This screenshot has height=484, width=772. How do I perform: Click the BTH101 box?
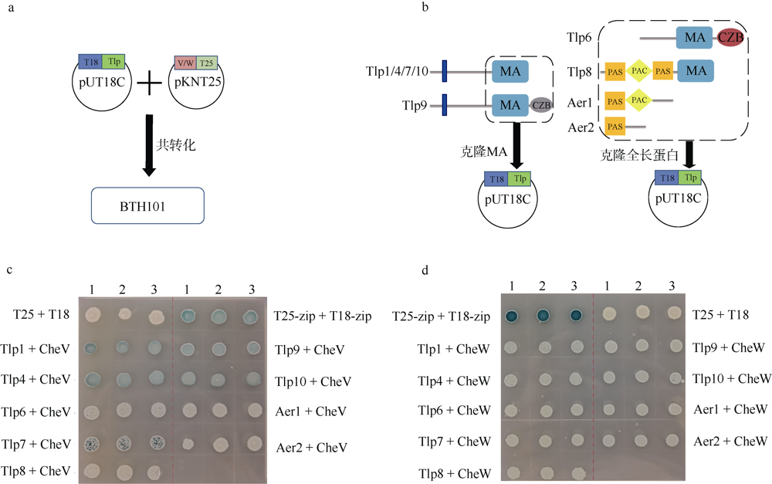pyautogui.click(x=147, y=205)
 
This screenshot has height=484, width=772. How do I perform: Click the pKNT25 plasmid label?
pyautogui.click(x=198, y=82)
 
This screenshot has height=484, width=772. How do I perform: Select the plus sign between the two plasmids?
pyautogui.click(x=149, y=83)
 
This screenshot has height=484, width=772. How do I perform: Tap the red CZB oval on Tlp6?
pyautogui.click(x=730, y=37)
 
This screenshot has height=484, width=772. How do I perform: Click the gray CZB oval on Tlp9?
pyautogui.click(x=541, y=105)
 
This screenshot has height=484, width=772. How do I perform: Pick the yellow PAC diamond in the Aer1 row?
pyautogui.click(x=638, y=100)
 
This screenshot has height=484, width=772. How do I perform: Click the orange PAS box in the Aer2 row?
pyautogui.click(x=615, y=127)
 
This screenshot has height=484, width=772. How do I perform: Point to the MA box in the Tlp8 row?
pyautogui.click(x=696, y=71)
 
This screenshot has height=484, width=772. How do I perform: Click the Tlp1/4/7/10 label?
pyautogui.click(x=397, y=72)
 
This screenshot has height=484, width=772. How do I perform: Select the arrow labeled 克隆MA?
pyautogui.click(x=516, y=145)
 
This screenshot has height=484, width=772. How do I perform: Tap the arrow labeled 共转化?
pyautogui.click(x=149, y=145)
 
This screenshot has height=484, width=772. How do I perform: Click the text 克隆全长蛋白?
pyautogui.click(x=639, y=155)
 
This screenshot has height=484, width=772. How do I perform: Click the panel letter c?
pyautogui.click(x=10, y=270)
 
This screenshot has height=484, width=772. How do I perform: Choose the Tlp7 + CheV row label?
pyautogui.click(x=36, y=444)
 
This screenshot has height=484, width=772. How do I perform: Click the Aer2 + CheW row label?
pyautogui.click(x=730, y=442)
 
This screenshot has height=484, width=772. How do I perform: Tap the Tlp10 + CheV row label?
pyautogui.click(x=313, y=381)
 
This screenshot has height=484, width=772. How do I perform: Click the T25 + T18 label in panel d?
pyautogui.click(x=720, y=315)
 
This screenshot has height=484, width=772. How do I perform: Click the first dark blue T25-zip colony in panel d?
pyautogui.click(x=512, y=316)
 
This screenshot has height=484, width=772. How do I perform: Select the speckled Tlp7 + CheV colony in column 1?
pyautogui.click(x=92, y=444)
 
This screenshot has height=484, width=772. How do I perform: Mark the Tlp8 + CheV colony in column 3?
pyautogui.click(x=154, y=472)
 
